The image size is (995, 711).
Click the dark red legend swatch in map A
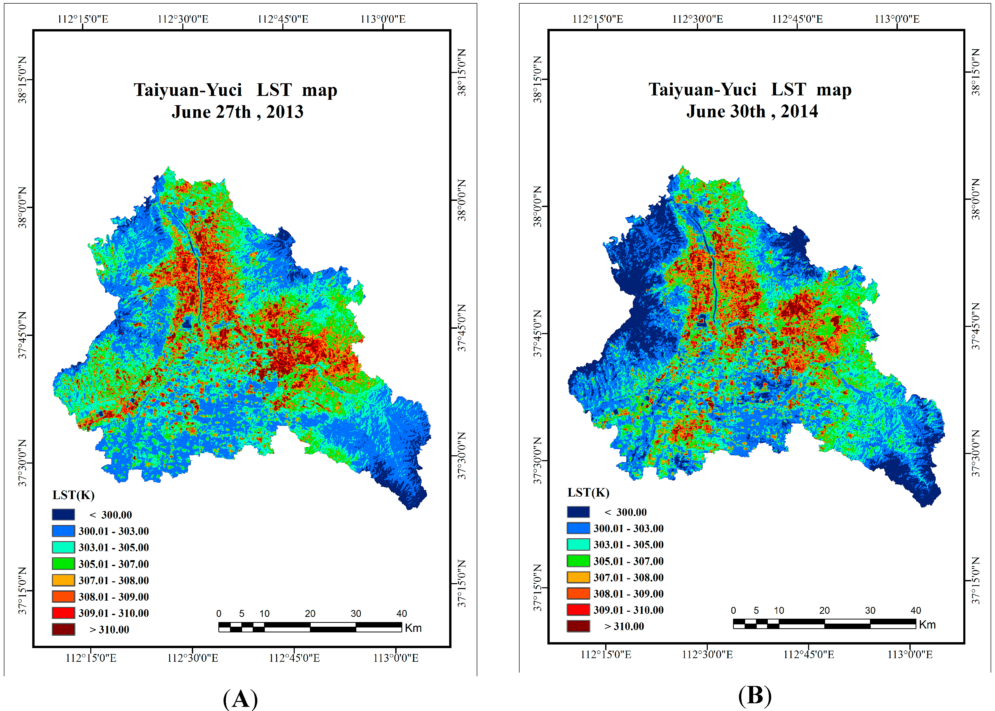tap(63, 629)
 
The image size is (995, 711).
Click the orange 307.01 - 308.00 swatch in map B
tap(578, 577)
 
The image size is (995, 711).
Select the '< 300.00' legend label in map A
tap(110, 515)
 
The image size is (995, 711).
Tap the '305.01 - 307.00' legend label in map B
tap(628, 561)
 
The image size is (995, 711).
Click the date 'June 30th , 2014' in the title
tap(752, 111)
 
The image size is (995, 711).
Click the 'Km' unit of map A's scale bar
tap(413, 628)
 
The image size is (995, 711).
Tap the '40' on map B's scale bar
tap(915, 610)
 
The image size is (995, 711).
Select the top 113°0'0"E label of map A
tap(383, 19)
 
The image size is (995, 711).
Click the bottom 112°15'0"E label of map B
tap(605, 655)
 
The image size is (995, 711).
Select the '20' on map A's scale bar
tap(310, 613)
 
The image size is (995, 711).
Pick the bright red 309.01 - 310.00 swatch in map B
tap(578, 609)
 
